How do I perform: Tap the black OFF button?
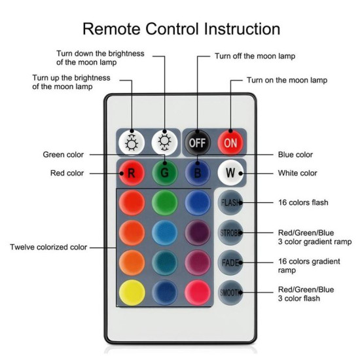198,143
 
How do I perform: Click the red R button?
132,173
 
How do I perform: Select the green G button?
164,173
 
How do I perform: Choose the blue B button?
198,173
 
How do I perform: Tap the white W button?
230,173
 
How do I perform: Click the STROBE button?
230,232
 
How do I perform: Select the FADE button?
230,262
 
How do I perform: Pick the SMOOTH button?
230,293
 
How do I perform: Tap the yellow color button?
132,293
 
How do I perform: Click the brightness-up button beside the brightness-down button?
132,143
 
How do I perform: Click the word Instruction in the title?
242,29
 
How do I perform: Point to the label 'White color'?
298,173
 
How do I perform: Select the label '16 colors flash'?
303,202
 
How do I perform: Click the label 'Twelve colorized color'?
48,247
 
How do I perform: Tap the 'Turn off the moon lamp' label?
255,56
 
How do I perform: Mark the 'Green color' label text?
63,154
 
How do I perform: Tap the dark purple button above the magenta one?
198,232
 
